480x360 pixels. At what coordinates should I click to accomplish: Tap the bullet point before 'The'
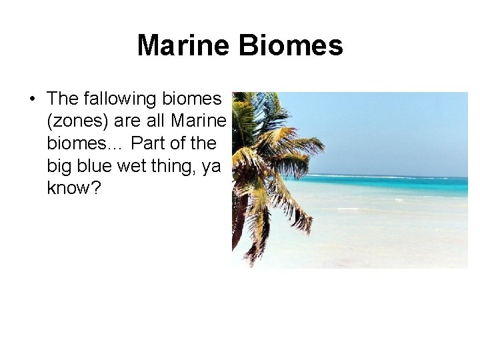(x=32, y=99)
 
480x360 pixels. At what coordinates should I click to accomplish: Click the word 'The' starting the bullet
(x=63, y=99)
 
